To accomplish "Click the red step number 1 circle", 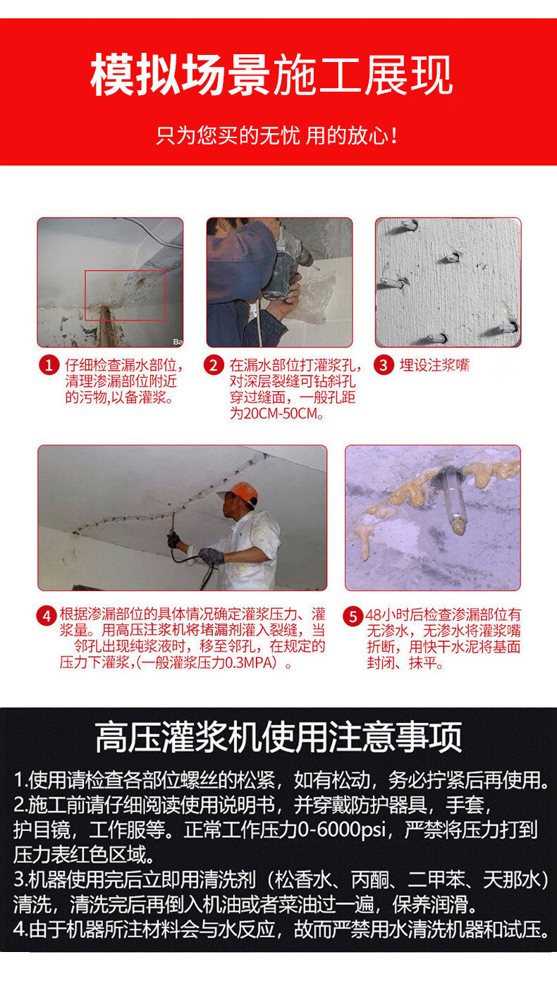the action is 49,366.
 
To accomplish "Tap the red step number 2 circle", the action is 214,366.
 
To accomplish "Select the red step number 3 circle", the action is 384,366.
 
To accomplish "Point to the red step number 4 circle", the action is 47,616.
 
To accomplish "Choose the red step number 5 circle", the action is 353,616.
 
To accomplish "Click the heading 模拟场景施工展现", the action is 271,75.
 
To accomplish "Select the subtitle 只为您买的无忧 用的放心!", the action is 277,135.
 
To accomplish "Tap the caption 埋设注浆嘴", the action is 434,365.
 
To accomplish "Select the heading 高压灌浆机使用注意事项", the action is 278,737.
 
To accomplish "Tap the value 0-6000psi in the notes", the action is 342,829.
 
